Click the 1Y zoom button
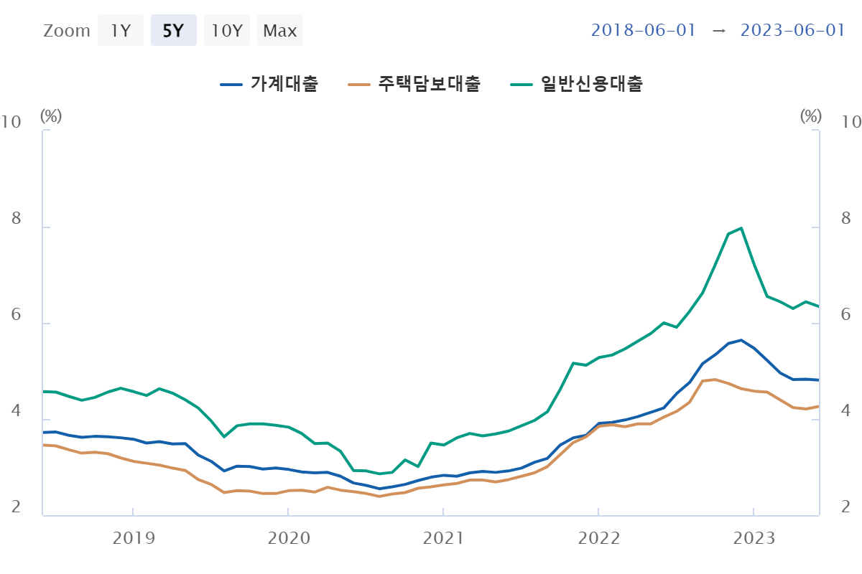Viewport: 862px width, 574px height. coord(121,31)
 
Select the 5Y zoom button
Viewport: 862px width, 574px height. coord(173,31)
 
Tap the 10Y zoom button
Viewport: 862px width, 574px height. coord(226,31)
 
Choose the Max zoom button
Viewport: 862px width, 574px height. coord(280,31)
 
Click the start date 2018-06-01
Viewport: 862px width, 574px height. coord(644,30)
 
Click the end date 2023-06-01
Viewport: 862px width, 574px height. coord(792,30)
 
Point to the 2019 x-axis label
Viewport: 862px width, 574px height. coord(133,538)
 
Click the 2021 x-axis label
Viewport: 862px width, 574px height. coord(443,538)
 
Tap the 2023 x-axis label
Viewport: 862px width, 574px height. coord(753,538)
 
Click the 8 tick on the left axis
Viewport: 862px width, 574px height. coord(16,219)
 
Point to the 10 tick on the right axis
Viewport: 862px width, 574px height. coord(851,122)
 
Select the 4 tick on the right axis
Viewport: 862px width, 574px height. coord(846,411)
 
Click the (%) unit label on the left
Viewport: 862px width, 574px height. coord(51,116)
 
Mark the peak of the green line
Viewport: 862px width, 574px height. coord(741,228)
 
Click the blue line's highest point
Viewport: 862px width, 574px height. coord(741,340)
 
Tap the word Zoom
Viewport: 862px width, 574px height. coord(67,31)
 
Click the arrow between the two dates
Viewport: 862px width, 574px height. coord(718,30)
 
